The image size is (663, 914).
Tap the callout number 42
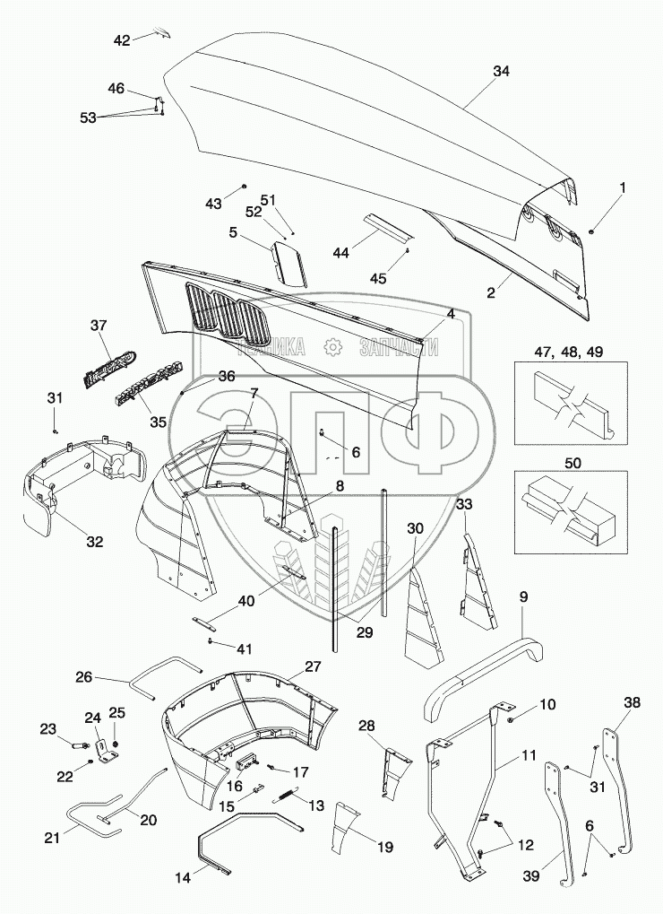click(121, 39)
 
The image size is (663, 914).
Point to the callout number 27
click(312, 666)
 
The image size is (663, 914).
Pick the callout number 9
click(523, 596)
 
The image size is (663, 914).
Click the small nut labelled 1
click(592, 232)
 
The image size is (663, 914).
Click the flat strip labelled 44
click(388, 226)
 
